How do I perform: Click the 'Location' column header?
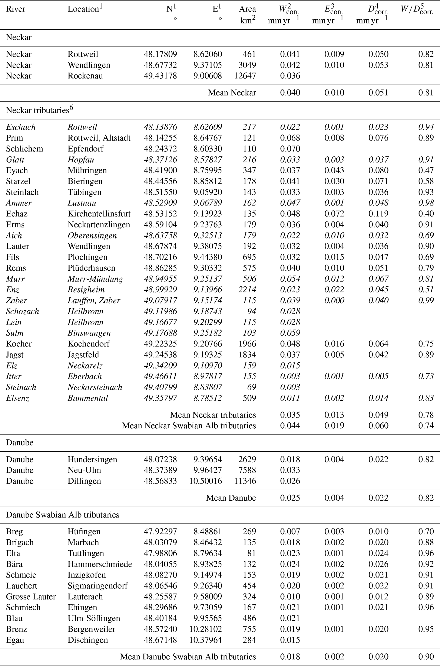pyautogui.click(x=83, y=9)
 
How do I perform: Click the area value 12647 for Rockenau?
pyautogui.click(x=245, y=76)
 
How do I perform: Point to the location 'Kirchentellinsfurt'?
pyautogui.click(x=99, y=214)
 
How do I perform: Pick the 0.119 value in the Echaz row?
pyautogui.click(x=378, y=214)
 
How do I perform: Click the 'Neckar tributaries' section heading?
pyautogui.click(x=38, y=110)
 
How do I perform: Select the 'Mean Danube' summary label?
pyautogui.click(x=231, y=498)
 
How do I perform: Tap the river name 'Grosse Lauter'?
pyautogui.click(x=31, y=597)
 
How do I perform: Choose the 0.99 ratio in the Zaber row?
pyautogui.click(x=426, y=300)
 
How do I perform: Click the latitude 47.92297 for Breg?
pyautogui.click(x=160, y=532)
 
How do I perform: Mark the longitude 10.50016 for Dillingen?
pyautogui.click(x=205, y=481)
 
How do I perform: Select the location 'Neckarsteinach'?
pyautogui.click(x=95, y=387)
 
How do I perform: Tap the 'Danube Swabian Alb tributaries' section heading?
pyautogui.click(x=63, y=515)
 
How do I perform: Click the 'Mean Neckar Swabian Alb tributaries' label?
pyautogui.click(x=189, y=426)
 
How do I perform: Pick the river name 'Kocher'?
pyautogui.click(x=19, y=344)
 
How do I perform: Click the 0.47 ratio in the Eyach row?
pyautogui.click(x=426, y=170)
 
